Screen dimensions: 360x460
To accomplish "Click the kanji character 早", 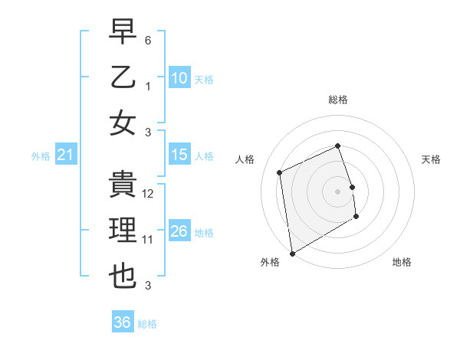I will pos(123,31).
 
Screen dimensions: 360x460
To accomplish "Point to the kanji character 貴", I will pos(123,184).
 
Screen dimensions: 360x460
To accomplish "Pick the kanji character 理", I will pos(123,230).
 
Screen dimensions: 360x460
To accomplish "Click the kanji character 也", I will pos(123,276).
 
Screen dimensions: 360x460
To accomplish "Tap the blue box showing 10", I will pos(179,77).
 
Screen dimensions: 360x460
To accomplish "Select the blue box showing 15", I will pos(179,155).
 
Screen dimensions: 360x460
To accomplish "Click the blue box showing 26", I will pos(179,231).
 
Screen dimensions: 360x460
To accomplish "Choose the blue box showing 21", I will pos(66,155).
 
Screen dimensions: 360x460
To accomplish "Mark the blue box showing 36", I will pos(123,322).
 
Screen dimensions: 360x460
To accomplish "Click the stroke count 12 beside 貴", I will pos(149,194).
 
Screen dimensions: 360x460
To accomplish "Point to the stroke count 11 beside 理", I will pos(149,240).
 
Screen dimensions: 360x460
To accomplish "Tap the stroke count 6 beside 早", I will pos(149,40).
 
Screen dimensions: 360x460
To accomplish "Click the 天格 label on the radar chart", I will pos(431,159).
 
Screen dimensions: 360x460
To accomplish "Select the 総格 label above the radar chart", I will pos(338,100).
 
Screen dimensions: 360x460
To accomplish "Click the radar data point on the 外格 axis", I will pos(292,254).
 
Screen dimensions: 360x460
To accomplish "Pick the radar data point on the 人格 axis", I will pos(280,172).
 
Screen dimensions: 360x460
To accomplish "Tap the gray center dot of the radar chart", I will pos(338,191).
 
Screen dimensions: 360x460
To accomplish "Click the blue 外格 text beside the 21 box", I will pos(41,156).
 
